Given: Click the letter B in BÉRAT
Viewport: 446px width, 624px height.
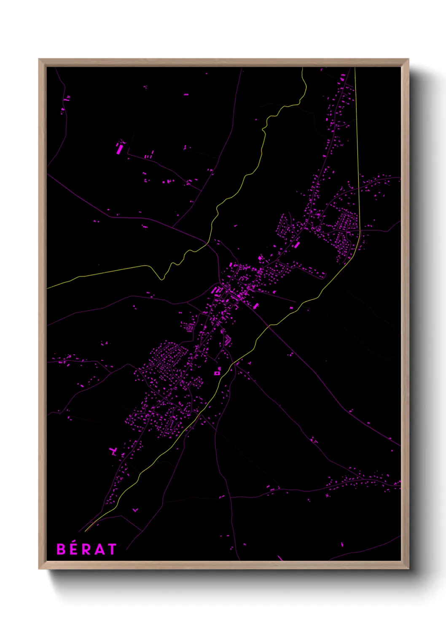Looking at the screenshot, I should [61, 549].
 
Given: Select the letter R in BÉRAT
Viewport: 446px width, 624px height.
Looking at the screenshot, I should [86, 549].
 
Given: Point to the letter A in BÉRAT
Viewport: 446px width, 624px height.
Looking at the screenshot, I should [99, 549].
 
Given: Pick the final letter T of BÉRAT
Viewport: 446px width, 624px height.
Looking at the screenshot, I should [112, 549].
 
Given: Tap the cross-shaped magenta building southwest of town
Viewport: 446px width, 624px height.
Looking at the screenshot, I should [113, 452].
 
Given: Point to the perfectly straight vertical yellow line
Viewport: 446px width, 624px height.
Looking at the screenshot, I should [357, 148].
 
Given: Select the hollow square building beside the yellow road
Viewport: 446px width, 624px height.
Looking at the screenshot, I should [217, 373].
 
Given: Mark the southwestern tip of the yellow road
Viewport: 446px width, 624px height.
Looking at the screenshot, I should [86, 530].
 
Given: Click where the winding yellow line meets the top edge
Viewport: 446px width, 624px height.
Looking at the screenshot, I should [303, 68].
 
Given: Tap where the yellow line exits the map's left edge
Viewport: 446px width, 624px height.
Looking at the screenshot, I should [48, 288].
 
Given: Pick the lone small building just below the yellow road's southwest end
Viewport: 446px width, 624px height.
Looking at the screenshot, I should [135, 510].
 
